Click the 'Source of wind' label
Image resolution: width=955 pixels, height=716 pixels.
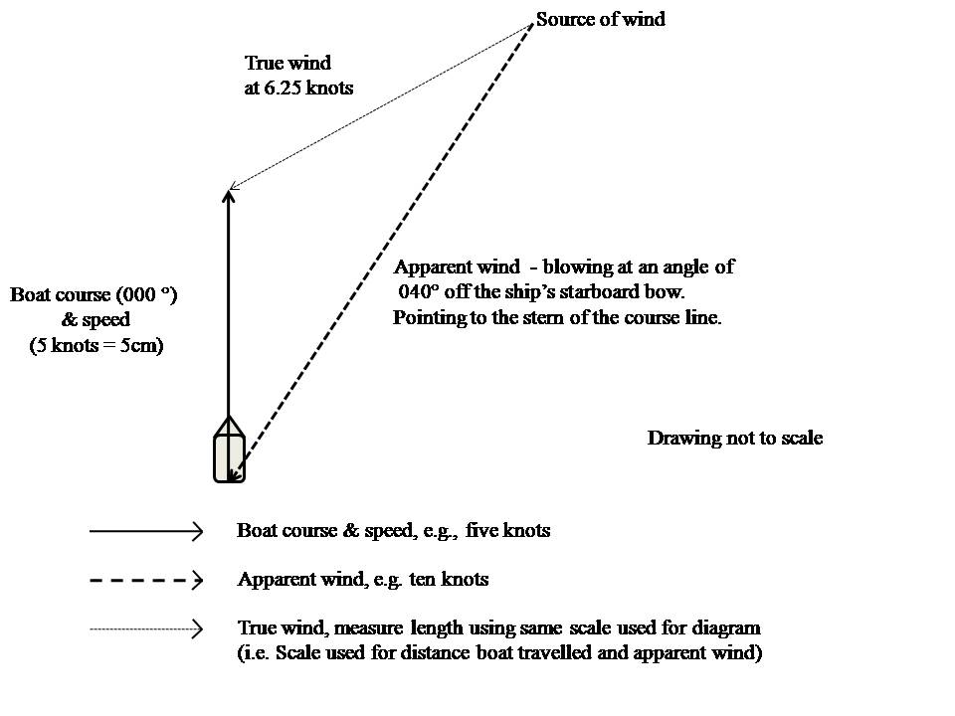[x=601, y=19]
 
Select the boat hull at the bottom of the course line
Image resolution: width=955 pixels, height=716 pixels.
[x=229, y=458]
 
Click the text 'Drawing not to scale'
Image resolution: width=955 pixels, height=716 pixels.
[x=734, y=439]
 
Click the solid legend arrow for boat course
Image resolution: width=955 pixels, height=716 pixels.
[x=146, y=532]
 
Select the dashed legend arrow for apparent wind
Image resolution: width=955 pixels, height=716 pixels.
[x=146, y=579]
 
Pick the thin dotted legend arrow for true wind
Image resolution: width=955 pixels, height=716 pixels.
[x=146, y=628]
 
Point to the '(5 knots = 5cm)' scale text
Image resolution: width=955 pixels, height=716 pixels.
[x=95, y=345]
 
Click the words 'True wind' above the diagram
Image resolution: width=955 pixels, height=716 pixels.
[x=287, y=64]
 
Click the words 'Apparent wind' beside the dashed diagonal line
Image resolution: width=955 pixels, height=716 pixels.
[x=457, y=267]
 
